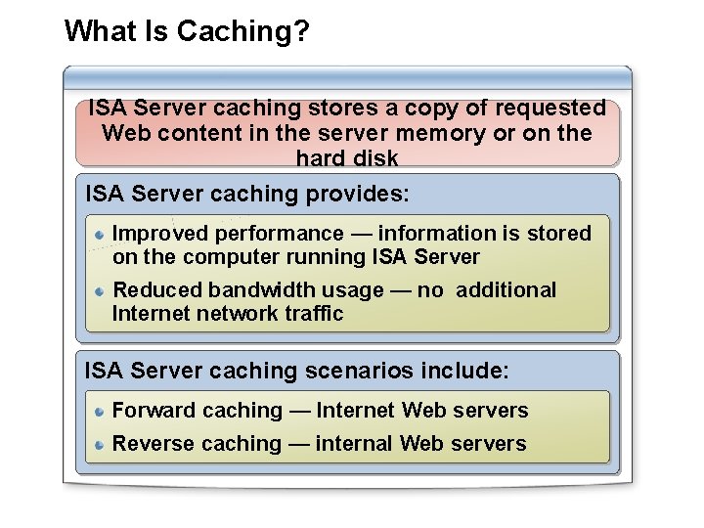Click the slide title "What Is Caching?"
(x=187, y=31)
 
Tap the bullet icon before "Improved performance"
(x=101, y=234)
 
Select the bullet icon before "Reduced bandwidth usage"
(x=101, y=290)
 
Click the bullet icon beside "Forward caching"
(x=101, y=412)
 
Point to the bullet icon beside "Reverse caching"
(x=101, y=445)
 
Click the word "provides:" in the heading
(x=358, y=194)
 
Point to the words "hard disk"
(x=347, y=158)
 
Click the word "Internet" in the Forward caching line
(x=355, y=411)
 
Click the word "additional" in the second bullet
(x=506, y=290)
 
